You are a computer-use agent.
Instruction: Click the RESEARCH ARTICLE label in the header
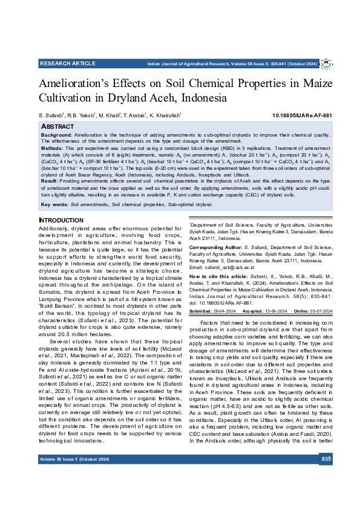pyautogui.click(x=67, y=63)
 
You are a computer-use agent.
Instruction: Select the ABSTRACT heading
pyautogui.click(x=56, y=126)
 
